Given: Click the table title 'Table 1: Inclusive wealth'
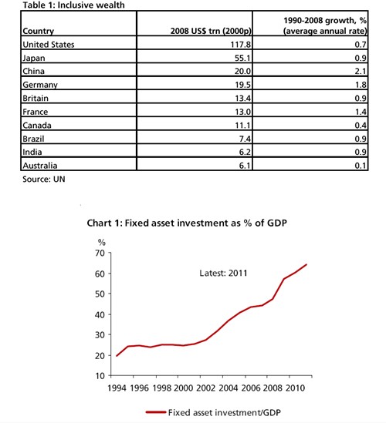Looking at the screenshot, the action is (73, 5).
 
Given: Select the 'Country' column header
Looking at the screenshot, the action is (38, 31).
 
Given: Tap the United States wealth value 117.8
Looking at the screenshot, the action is (240, 44).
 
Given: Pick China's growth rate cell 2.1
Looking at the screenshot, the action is (361, 71).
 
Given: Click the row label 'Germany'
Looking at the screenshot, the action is (40, 85).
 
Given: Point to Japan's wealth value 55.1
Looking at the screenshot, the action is (242, 58).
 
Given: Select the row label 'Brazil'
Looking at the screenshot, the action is (33, 139).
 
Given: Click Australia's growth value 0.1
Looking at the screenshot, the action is (361, 166).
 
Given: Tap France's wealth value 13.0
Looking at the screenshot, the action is (242, 112).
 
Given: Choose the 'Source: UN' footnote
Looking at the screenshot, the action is (44, 179).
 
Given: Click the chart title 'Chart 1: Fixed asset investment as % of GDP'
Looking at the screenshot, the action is (187, 223).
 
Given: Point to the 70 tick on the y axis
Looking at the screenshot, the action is (100, 253).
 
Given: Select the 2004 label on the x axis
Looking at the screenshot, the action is (229, 388).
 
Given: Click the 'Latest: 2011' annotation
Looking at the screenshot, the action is (223, 273).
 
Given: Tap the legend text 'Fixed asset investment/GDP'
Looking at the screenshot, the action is (225, 412).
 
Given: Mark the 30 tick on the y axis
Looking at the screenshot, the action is (100, 335).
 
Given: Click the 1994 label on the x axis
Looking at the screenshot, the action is (117, 388).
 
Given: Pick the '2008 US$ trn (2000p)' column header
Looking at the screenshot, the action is (211, 31).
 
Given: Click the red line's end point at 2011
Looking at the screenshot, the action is (306, 264).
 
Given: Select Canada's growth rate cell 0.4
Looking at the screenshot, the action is (361, 125).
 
